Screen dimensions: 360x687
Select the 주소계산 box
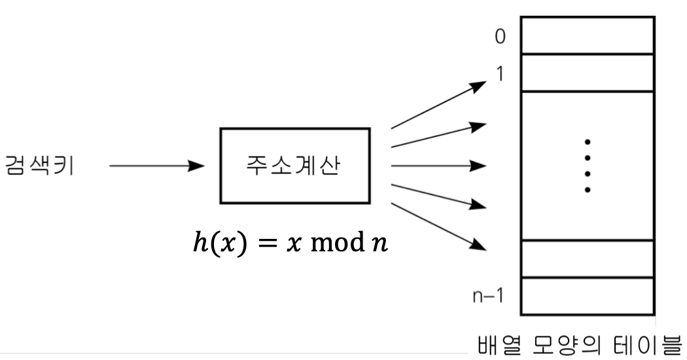(x=295, y=166)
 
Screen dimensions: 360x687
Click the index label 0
(x=500, y=37)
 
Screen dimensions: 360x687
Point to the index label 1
(x=500, y=74)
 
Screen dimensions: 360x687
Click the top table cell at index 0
(x=586, y=35)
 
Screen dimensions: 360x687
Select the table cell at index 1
(x=586, y=73)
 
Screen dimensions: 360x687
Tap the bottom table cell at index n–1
(x=586, y=297)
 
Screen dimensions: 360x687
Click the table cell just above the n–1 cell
(x=586, y=259)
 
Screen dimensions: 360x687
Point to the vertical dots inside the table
(x=588, y=166)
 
